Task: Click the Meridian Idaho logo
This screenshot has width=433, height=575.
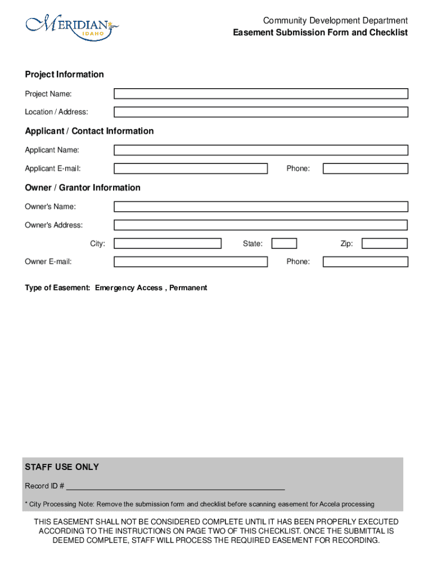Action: [x=72, y=27]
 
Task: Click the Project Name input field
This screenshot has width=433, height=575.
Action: [x=261, y=94]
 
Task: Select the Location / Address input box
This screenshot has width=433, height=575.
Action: [x=261, y=112]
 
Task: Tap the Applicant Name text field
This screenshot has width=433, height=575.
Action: [x=261, y=150]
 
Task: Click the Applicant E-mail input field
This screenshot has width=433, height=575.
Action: [x=191, y=168]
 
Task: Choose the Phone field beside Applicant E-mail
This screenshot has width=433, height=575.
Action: [x=365, y=168]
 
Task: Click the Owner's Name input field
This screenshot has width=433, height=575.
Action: [x=261, y=207]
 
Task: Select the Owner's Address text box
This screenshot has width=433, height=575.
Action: [x=261, y=225]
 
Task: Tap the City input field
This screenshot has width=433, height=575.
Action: [x=168, y=244]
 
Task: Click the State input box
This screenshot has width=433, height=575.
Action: [x=284, y=244]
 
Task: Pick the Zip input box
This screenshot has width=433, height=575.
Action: [x=385, y=244]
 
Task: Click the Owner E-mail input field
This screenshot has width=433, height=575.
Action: [x=191, y=262]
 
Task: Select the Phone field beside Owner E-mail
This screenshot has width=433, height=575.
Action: [x=365, y=262]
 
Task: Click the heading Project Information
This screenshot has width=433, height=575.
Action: [x=64, y=75]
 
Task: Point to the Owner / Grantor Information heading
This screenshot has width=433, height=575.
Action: [x=83, y=188]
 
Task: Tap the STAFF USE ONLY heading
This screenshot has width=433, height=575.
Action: [x=62, y=467]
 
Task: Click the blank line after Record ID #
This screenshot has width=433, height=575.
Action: [x=175, y=486]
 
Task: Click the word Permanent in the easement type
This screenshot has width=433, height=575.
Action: [x=188, y=288]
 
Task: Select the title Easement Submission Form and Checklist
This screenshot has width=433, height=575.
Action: [x=321, y=33]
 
